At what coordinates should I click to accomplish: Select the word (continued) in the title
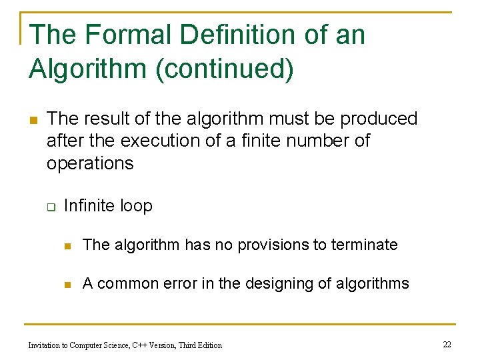coord(225,69)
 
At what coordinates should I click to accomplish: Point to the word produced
coord(379,119)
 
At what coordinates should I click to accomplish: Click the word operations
coord(90,163)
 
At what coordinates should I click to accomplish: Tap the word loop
coord(136,206)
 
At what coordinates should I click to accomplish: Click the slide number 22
coord(447,344)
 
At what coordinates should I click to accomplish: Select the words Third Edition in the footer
coord(199,345)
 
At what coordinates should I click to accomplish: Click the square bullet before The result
coord(32,120)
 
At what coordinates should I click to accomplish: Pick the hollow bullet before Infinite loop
coord(50,207)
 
